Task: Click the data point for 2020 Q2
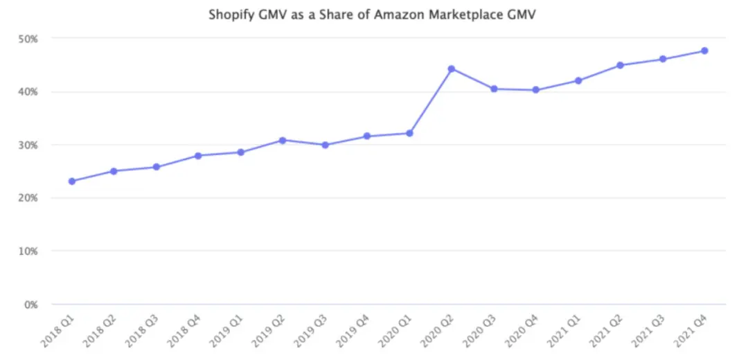(452, 69)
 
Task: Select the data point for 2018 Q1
(72, 181)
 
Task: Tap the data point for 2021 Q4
(704, 51)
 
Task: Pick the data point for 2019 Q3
(325, 145)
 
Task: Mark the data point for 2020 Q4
(536, 90)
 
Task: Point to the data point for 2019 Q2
(283, 140)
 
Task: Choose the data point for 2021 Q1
(578, 80)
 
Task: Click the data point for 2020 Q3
(494, 89)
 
